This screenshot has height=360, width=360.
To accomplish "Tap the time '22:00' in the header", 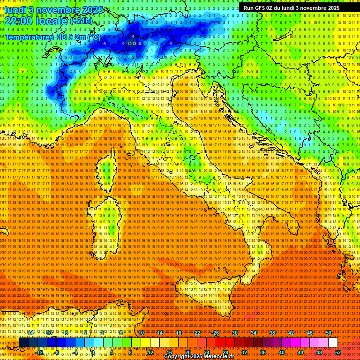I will tap(18, 21).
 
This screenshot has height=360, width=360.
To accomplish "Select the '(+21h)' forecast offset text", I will tap(81, 21).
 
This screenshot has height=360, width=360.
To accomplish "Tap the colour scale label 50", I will tap(328, 333).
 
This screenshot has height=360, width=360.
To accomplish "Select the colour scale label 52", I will tap(337, 352).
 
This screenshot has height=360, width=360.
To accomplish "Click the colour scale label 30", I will tap(234, 333).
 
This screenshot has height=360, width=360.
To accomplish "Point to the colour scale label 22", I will tap(197, 333).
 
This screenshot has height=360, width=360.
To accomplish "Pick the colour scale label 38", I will tap(272, 333).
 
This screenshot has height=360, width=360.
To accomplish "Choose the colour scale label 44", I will tap(300, 352).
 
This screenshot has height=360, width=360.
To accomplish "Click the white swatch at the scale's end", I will tap(333, 343).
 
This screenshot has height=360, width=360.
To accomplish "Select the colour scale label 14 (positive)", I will tap(160, 333).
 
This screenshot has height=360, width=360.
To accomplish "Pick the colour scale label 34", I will tap(253, 333).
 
